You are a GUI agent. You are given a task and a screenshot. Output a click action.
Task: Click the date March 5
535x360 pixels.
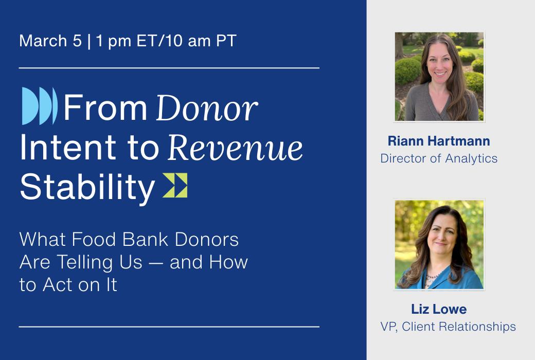[x=50, y=41]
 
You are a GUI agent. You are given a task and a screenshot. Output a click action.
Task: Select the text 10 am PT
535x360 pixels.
[x=202, y=41]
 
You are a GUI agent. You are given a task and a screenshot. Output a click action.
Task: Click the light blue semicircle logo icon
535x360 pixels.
[x=40, y=106]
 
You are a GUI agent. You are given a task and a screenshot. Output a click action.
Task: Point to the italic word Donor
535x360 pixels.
[x=207, y=108]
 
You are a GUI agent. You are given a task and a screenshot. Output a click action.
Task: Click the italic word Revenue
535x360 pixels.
[x=235, y=148]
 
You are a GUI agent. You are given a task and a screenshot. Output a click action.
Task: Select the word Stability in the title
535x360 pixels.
[x=87, y=187]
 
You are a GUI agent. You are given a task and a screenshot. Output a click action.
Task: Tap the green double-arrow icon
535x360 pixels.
[x=175, y=185]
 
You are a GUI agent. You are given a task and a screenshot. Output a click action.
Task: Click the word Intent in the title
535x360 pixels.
[x=68, y=147]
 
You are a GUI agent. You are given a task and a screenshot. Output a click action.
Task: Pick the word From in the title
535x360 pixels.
[x=105, y=107]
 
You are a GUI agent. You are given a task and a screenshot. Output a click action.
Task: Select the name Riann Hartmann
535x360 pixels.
[x=439, y=141]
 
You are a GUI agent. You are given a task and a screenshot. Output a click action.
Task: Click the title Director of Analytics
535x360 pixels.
[x=439, y=158]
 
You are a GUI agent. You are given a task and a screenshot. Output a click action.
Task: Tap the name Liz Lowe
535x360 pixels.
[x=439, y=309]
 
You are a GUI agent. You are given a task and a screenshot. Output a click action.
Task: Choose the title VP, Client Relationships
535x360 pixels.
[x=448, y=327]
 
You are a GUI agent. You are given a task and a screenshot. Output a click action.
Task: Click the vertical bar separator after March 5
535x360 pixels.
[x=89, y=41]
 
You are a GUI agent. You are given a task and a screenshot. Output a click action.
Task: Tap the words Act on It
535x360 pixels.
[x=80, y=284]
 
